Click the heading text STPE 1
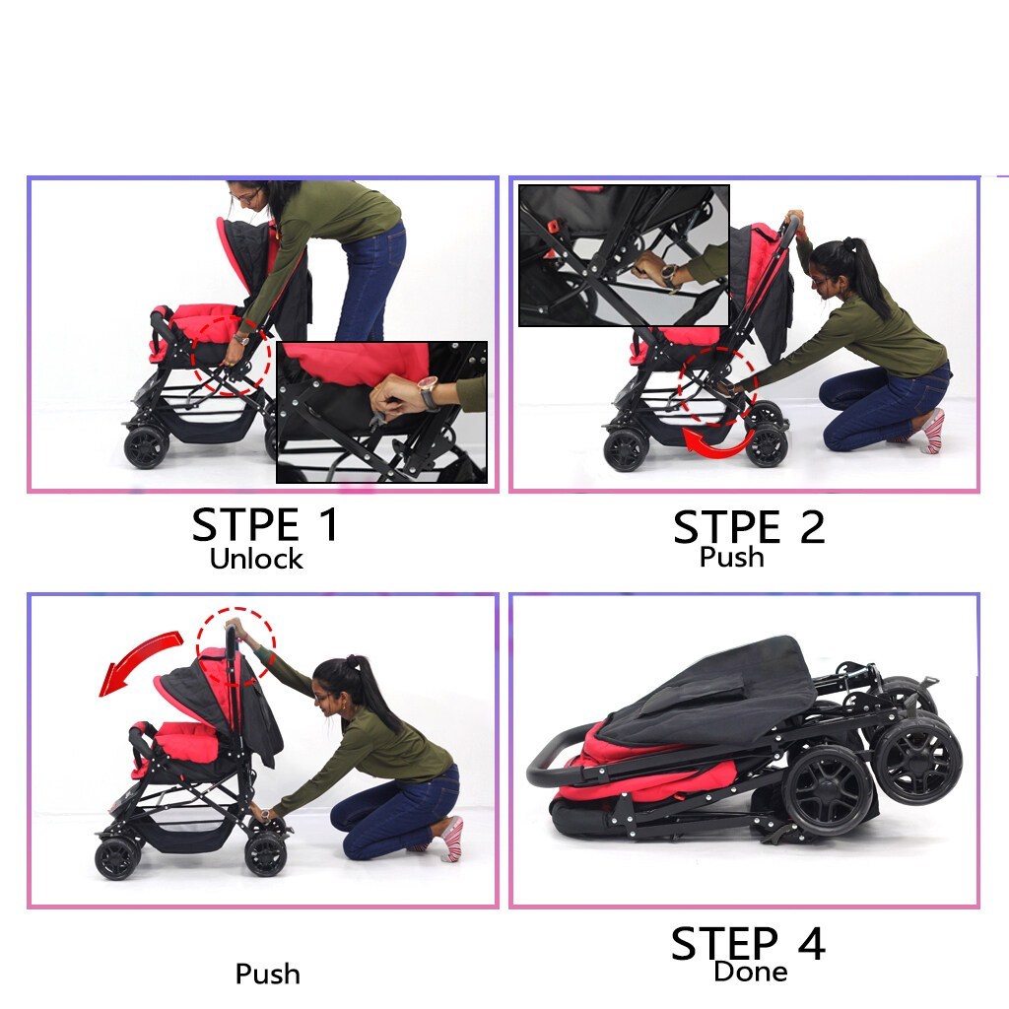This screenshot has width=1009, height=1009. click(x=264, y=524)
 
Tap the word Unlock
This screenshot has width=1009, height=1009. click(x=256, y=559)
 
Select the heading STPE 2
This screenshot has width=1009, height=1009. click(x=749, y=527)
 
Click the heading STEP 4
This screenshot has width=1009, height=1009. click(x=749, y=943)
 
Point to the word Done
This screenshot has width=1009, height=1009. click(x=750, y=971)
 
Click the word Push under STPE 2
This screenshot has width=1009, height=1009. click(x=732, y=557)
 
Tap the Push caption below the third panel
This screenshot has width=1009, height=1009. click(x=268, y=974)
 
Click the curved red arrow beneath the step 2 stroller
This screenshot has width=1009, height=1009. click(x=718, y=445)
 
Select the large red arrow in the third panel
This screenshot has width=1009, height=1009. click(x=138, y=659)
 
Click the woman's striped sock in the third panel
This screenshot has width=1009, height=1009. click(x=451, y=840)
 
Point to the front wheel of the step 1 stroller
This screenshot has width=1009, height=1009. click(x=146, y=446)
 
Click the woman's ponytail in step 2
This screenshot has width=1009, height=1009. click(x=865, y=270)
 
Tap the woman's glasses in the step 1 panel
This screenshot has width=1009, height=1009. click(x=246, y=196)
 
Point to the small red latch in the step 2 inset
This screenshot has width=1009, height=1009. click(x=552, y=228)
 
